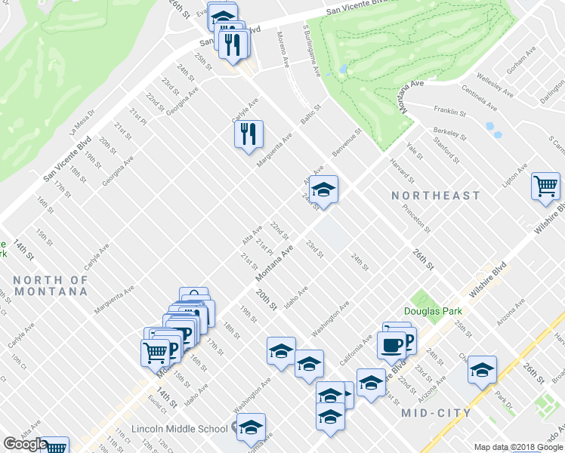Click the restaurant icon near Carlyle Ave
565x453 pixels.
click(249, 134)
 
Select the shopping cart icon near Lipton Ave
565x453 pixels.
click(545, 186)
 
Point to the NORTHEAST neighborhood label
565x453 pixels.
click(436, 196)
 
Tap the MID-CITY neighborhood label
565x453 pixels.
click(436, 413)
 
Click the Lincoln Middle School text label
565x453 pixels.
click(179, 429)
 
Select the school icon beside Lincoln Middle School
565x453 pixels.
click(251, 427)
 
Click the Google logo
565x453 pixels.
click(25, 444)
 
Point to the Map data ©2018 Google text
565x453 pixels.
click(519, 447)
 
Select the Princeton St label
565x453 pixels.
click(416, 218)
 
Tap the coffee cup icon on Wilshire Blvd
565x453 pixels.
click(391, 345)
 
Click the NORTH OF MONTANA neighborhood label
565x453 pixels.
click(51, 285)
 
